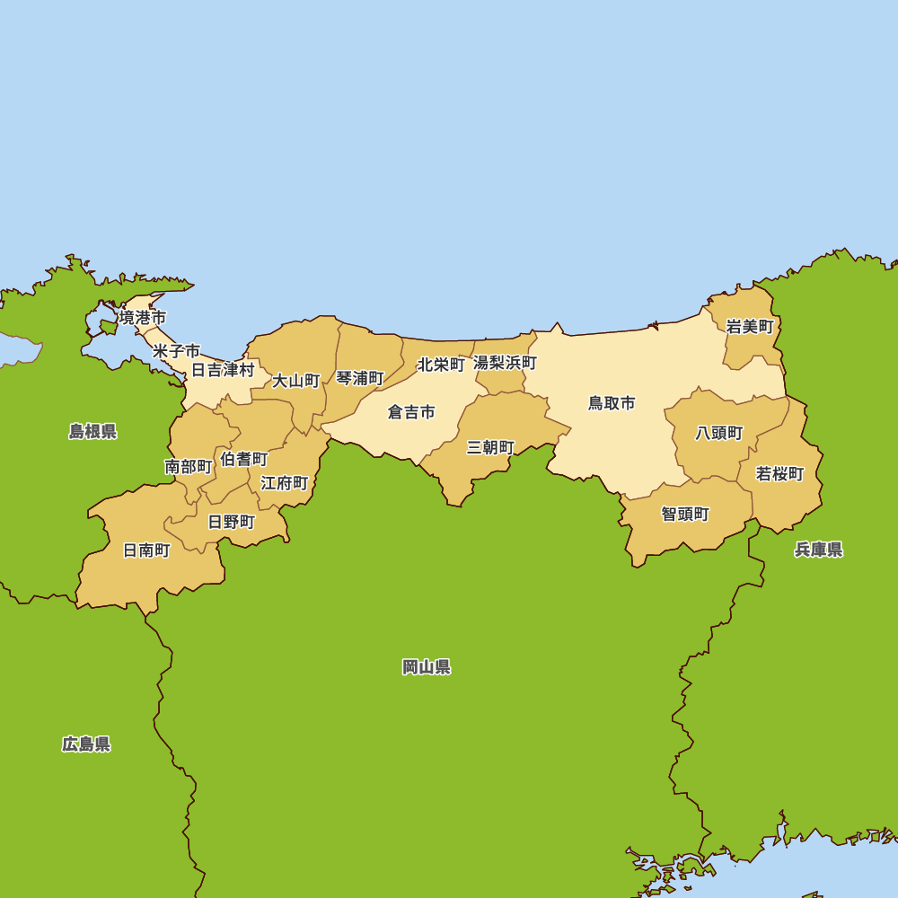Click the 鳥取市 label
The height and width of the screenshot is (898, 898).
click(612, 403)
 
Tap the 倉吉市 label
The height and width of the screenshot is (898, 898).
click(411, 412)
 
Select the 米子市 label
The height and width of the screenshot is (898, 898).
click(176, 350)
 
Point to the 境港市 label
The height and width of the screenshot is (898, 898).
click(143, 317)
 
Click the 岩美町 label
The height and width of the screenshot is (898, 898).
click(749, 327)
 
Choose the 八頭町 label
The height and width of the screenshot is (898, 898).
click(719, 433)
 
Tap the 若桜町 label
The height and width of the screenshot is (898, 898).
click(779, 473)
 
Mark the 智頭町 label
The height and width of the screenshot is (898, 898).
click(685, 514)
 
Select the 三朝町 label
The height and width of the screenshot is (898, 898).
click(490, 447)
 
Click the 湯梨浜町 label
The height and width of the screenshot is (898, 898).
click(505, 363)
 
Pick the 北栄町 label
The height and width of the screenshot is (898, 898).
click(441, 365)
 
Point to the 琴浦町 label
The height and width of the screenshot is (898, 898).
click(360, 378)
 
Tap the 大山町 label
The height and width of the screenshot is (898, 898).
click(296, 381)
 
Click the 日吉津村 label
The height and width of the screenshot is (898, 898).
click(223, 369)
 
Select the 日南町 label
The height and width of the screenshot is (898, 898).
click(146, 550)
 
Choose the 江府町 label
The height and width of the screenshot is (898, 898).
click(285, 483)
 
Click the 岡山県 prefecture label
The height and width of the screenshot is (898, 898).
click(427, 666)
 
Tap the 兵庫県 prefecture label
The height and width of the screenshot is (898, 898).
click(818, 550)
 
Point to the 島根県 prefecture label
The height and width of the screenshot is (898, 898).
click(92, 431)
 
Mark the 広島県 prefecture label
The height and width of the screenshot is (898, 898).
click(86, 744)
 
